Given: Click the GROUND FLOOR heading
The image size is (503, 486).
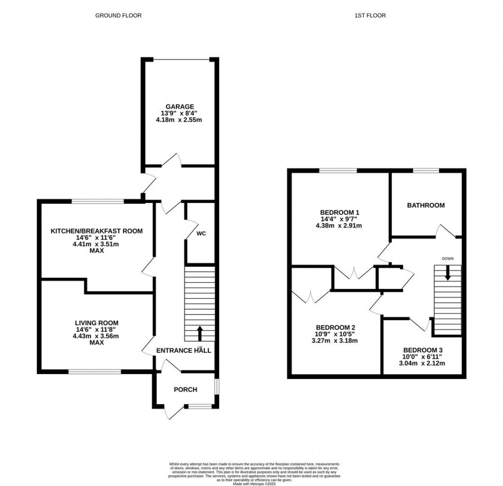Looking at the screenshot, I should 118,16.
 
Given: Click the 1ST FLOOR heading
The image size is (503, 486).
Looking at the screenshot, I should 370,16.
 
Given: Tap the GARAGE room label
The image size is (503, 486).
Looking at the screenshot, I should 179,106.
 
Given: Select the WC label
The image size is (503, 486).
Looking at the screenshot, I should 200,234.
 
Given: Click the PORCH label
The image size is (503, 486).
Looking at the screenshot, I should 185,390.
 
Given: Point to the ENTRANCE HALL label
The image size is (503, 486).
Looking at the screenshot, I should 183,350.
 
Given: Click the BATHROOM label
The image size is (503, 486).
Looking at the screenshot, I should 425,205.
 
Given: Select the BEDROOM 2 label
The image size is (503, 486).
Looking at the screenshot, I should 335,328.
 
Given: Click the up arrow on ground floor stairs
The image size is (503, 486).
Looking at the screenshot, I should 199,333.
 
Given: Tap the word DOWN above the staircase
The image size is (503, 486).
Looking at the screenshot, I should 447,258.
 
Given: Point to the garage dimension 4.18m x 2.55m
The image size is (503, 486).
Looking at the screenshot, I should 179,119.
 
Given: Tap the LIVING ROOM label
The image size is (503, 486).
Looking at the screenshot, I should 97,323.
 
